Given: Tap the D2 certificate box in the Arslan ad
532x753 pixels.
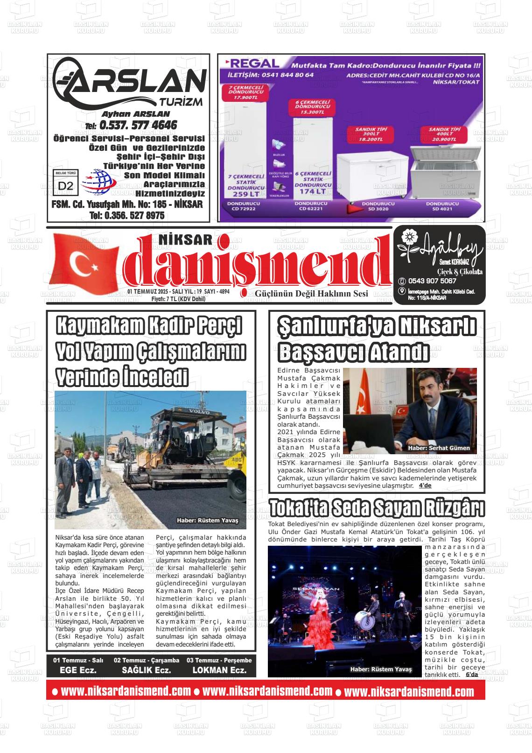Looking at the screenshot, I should [66, 185].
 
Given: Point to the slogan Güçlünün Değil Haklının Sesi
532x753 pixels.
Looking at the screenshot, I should [311, 294].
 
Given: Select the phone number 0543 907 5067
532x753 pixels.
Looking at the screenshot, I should [432, 281].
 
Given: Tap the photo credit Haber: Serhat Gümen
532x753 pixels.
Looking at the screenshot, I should [439, 448].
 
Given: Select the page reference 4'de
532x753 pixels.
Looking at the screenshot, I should [425, 486].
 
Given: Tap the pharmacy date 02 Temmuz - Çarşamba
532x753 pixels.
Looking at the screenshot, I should [147, 660].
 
